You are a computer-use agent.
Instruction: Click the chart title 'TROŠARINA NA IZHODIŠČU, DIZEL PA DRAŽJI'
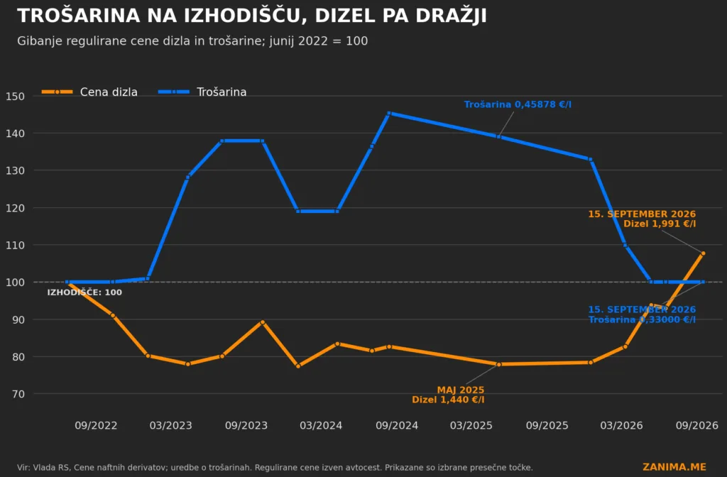coord(252,16)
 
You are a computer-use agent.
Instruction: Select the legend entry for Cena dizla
coord(89,92)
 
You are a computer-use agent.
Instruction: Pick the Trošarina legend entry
coord(202,92)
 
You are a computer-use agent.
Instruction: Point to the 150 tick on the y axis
coord(16,97)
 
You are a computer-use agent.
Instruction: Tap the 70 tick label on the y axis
coord(18,394)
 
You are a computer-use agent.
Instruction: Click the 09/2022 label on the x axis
coord(96,426)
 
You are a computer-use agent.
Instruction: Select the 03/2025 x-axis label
coord(471,426)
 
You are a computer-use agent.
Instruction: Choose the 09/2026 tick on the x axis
coord(697,426)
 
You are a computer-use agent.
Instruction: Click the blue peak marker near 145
coord(389,113)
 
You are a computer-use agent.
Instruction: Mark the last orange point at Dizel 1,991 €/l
coord(703,253)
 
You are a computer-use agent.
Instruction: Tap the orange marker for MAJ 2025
coord(499,364)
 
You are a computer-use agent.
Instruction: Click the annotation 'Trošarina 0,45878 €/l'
coord(518,104)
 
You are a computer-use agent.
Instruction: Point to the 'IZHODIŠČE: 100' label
coord(84,292)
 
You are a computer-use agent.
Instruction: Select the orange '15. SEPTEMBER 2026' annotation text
coord(642,214)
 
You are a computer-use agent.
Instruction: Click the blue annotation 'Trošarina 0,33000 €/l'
coord(642,319)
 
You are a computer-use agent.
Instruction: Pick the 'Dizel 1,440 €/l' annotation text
coord(449,400)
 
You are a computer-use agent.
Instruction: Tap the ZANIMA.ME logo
coord(674,467)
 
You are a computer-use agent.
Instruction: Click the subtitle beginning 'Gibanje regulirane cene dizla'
coord(192,40)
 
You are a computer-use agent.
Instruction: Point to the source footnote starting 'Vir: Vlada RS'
coord(275,468)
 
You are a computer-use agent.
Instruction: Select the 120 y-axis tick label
coord(16,208)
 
